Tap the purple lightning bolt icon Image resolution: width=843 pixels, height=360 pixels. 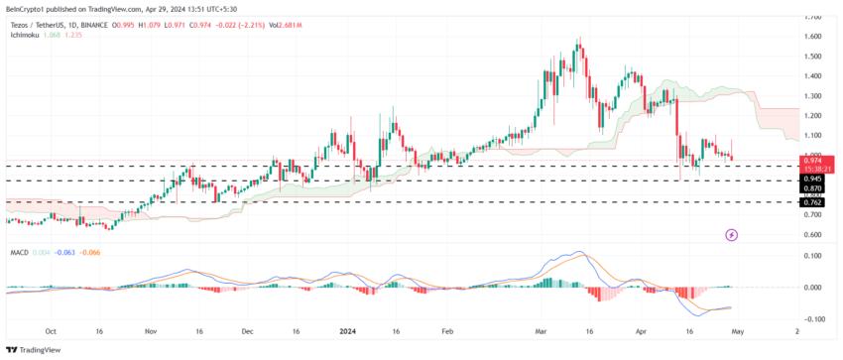click(732, 235)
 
